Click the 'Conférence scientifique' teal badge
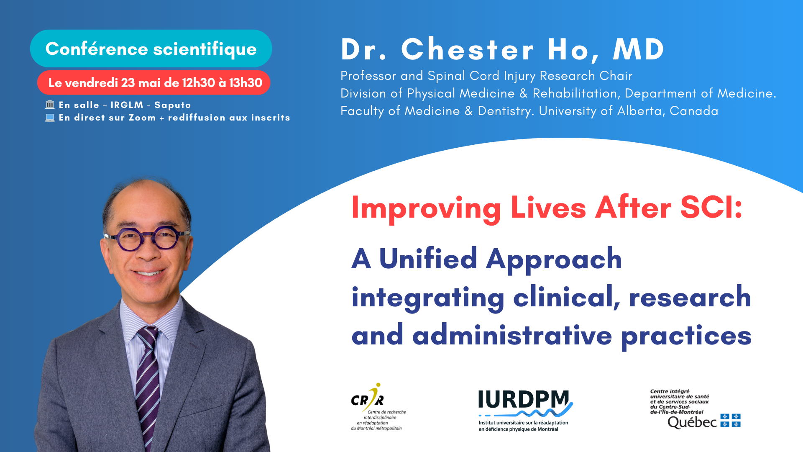tap(151, 49)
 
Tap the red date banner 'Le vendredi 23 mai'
tap(154, 82)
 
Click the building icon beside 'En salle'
tap(50, 104)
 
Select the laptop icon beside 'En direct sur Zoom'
tap(50, 118)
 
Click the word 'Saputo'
tap(173, 105)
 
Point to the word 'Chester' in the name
tap(468, 49)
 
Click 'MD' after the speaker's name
tap(639, 49)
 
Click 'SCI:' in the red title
tap(711, 207)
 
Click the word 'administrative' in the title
tap(512, 335)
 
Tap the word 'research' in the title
tap(690, 297)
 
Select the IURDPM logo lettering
tap(523, 400)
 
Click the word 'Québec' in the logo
tap(692, 422)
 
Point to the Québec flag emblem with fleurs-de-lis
tap(731, 421)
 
